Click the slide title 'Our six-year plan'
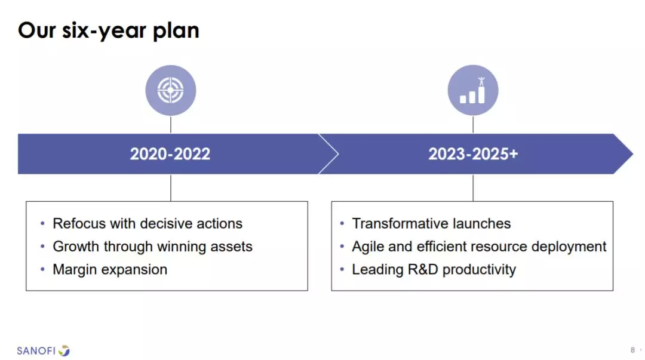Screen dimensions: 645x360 click(x=109, y=31)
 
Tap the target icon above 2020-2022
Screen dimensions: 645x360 click(x=171, y=90)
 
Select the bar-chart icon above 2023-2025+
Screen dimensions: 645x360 click(x=472, y=90)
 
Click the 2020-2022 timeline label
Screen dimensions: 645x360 click(x=170, y=154)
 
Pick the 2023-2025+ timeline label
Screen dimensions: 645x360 click(x=473, y=154)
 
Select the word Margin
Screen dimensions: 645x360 click(x=75, y=270)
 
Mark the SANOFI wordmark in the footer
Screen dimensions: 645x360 click(x=36, y=351)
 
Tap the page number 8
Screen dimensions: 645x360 click(x=632, y=350)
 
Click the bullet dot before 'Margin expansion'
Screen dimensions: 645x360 click(x=42, y=270)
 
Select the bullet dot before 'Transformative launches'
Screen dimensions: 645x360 click(x=342, y=223)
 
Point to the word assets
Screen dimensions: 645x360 click(x=231, y=247)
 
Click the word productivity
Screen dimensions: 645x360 click(x=479, y=270)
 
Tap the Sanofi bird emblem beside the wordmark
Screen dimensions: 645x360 click(x=64, y=350)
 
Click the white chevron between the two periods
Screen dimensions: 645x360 click(x=328, y=154)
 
